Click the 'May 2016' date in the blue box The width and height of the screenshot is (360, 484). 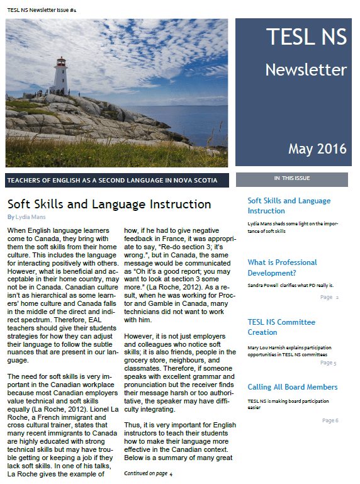point(317,149)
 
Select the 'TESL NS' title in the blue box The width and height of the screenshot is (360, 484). point(306,37)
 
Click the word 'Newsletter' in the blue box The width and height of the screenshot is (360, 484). point(305,69)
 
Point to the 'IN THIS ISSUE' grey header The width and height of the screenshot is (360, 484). point(291,179)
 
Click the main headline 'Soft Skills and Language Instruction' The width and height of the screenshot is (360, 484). point(109,204)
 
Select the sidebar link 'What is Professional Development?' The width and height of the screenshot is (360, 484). point(282,267)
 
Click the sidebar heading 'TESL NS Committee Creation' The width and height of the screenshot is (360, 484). point(281,327)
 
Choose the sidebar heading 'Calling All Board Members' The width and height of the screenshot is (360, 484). point(293,387)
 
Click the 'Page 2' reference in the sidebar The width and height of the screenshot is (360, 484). point(329,297)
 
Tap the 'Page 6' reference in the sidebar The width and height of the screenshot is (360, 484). point(330,420)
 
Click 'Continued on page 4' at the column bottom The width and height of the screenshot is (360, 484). point(149,473)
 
